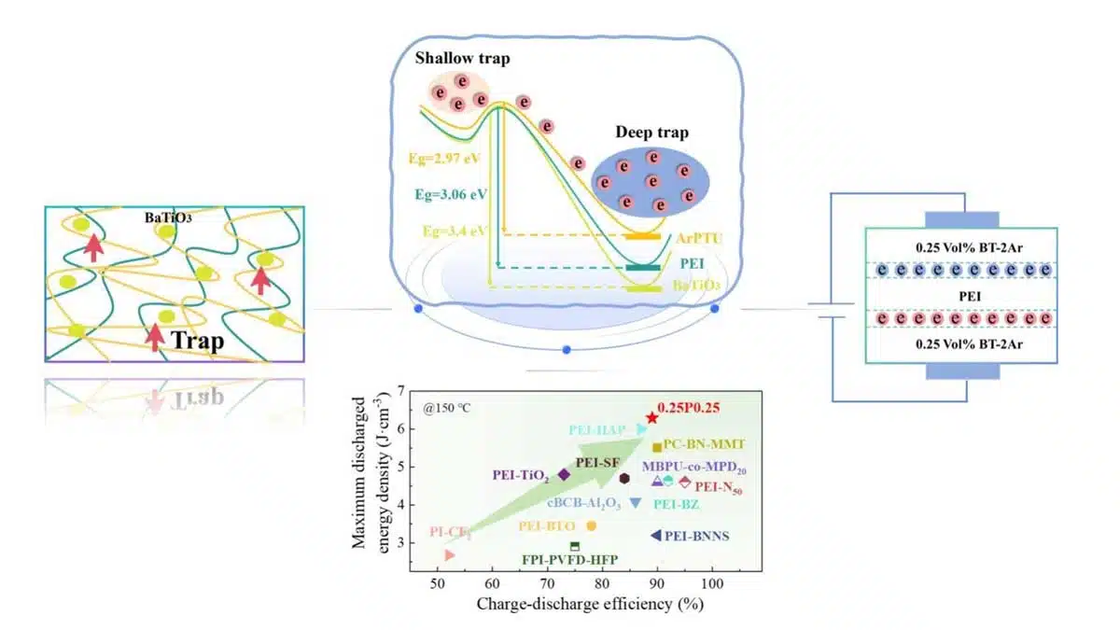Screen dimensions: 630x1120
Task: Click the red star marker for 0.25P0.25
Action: pyautogui.click(x=651, y=418)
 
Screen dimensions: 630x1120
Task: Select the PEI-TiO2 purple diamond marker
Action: pyautogui.click(x=564, y=474)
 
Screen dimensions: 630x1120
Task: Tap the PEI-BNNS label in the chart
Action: pyautogui.click(x=696, y=536)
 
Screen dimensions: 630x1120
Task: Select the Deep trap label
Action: pyautogui.click(x=651, y=133)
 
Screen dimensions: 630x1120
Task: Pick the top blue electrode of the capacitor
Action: pyautogui.click(x=961, y=219)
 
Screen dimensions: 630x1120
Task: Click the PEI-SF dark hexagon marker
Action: pyautogui.click(x=624, y=478)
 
